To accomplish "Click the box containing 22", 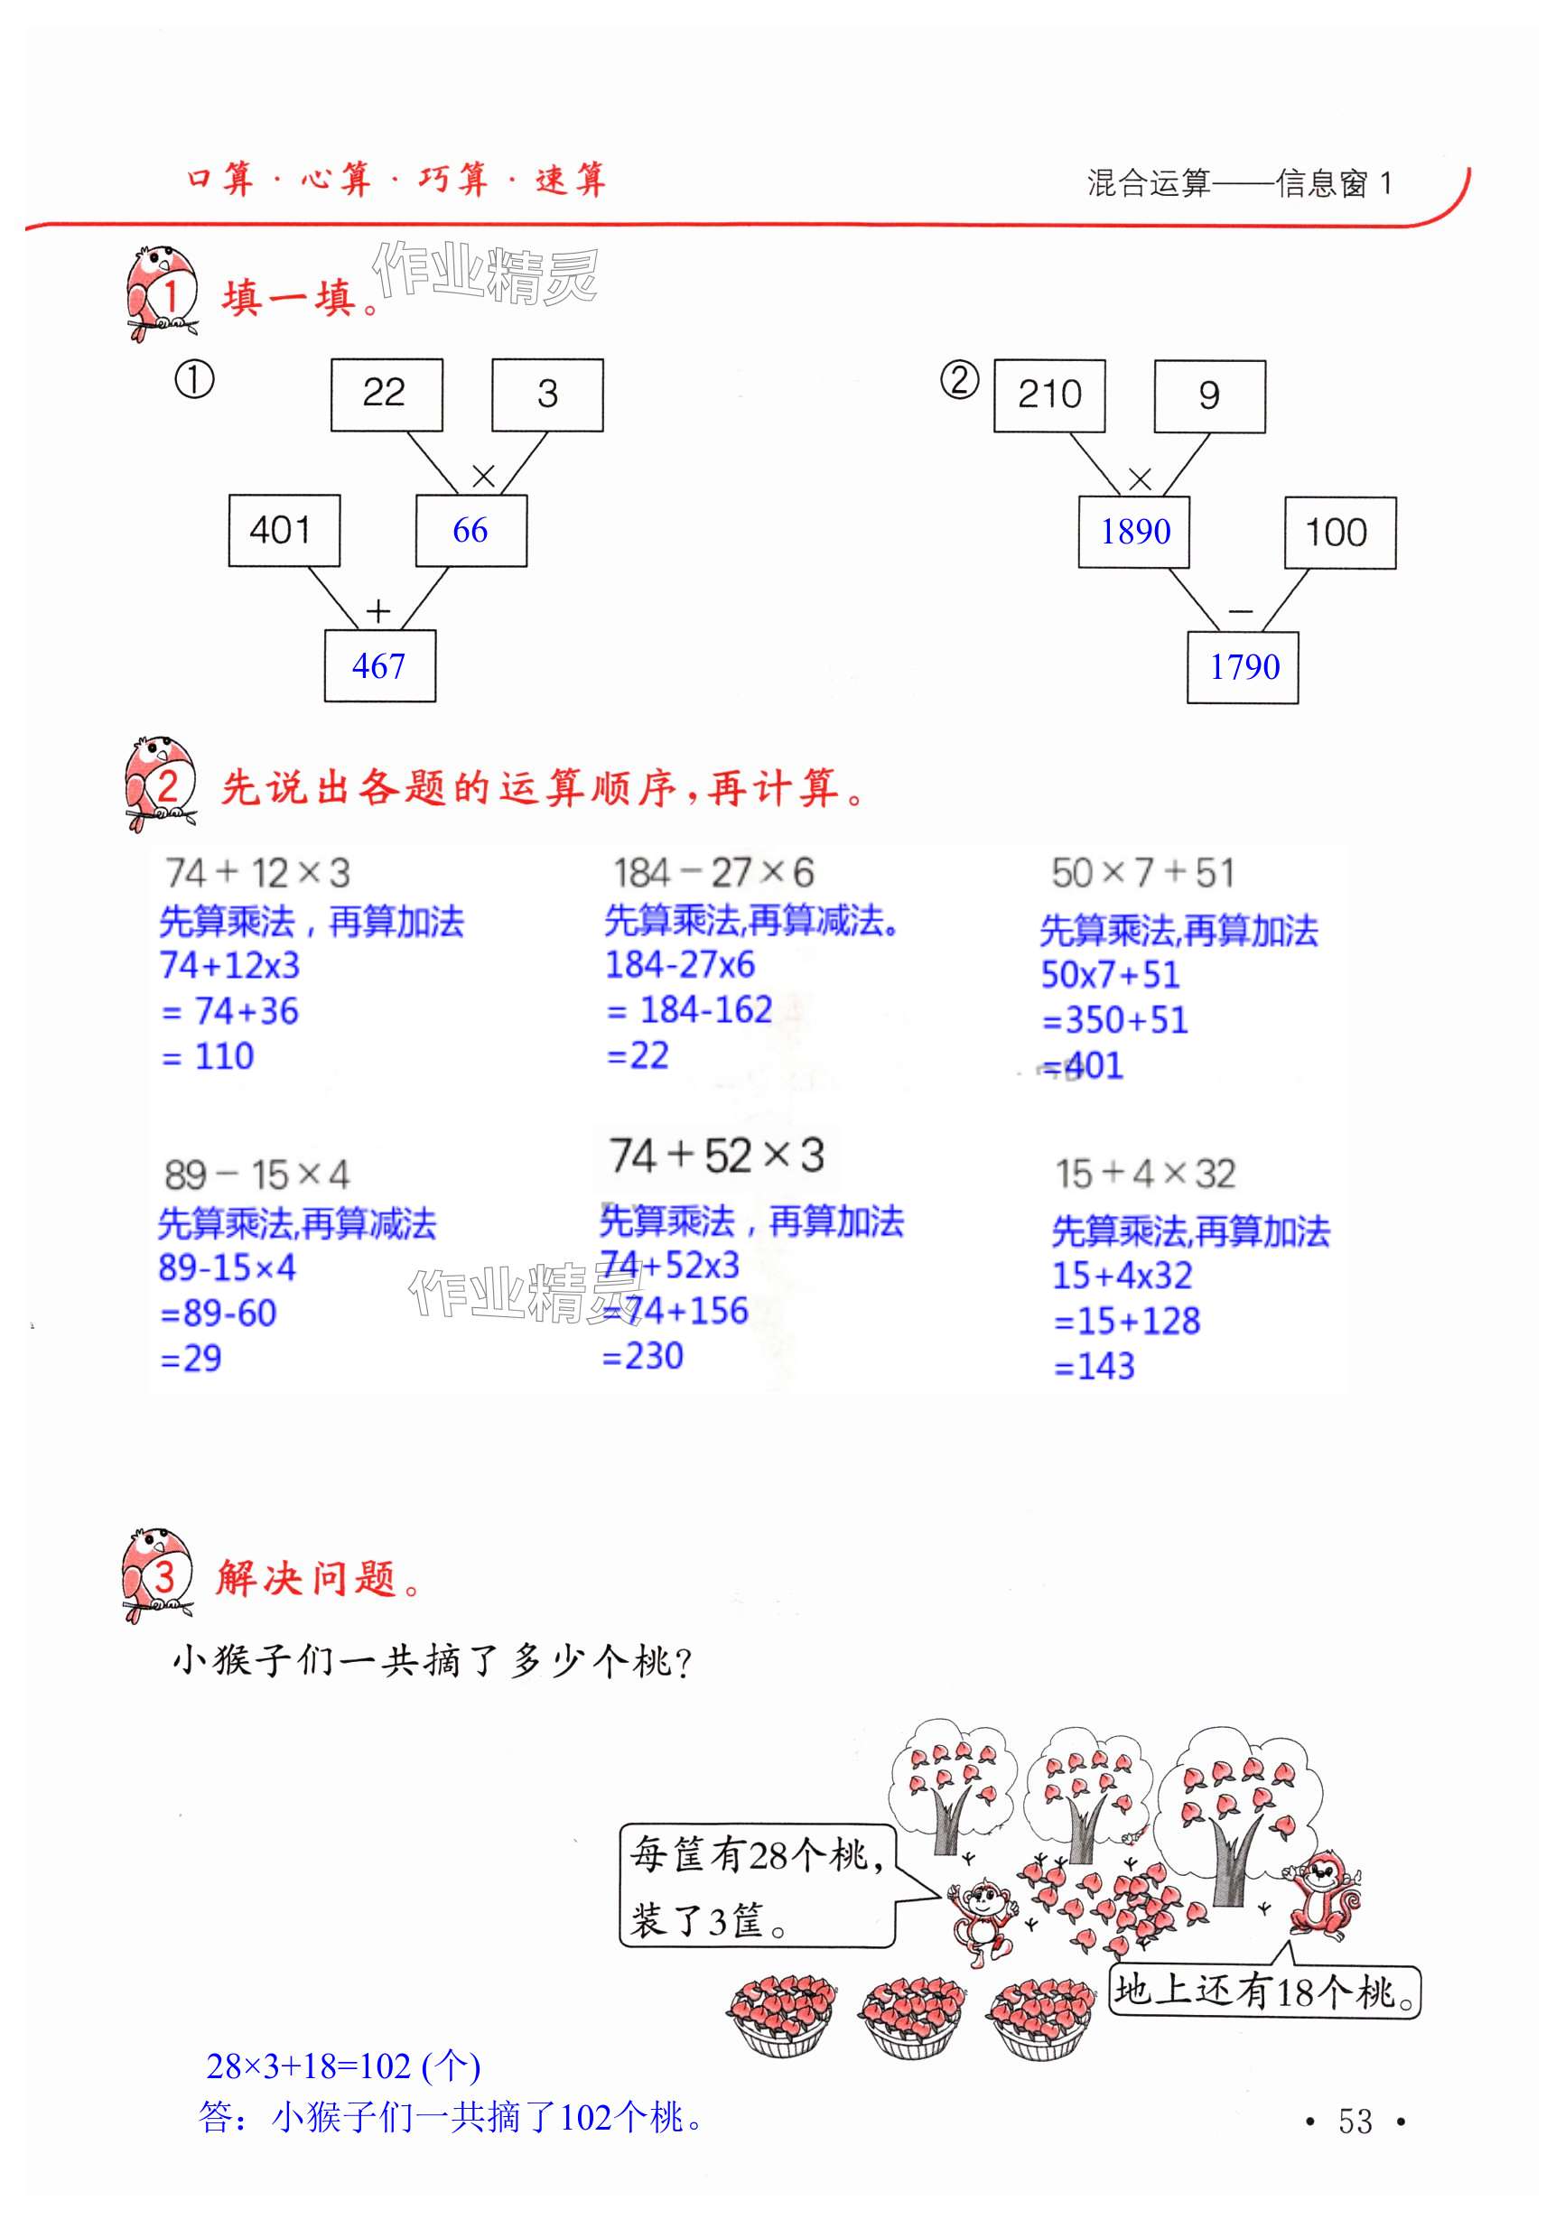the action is (386, 395).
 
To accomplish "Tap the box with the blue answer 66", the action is (470, 531).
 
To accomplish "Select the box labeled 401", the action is (284, 531).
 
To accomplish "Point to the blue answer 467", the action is (379, 666).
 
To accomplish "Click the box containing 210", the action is (1048, 395).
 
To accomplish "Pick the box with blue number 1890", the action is (1134, 532).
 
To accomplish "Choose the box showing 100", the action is (1339, 533).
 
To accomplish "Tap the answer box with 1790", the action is (1244, 667).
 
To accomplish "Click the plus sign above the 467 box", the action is (378, 611).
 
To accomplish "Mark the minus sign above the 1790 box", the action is (1240, 611).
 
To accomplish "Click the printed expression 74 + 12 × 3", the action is (257, 873).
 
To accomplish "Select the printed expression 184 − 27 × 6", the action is (713, 873).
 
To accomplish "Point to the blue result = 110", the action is (208, 1056).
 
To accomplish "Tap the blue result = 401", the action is (1083, 1066).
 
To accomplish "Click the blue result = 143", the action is (1095, 1366).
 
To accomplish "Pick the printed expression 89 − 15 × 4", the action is (256, 1174).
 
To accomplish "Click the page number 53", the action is (1355, 2121).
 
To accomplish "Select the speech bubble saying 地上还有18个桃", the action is (1263, 1991).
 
